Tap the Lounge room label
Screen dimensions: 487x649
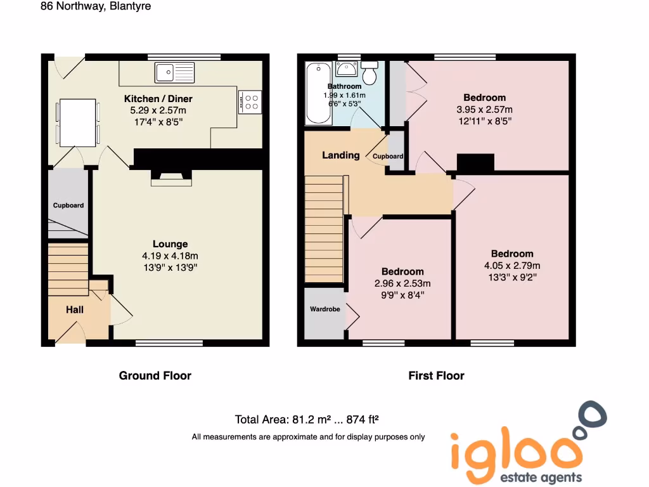(170, 244)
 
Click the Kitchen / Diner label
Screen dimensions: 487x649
(158, 99)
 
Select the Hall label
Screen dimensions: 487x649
(75, 309)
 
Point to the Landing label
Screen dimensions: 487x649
(340, 155)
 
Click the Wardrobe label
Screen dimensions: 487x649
(324, 309)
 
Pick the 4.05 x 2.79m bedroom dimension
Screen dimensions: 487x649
(512, 266)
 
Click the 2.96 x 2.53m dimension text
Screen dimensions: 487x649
(402, 283)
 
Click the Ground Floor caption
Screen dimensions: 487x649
(155, 375)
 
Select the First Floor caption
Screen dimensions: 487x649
(436, 375)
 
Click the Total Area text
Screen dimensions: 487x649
(307, 419)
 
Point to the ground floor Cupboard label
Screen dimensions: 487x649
(68, 205)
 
